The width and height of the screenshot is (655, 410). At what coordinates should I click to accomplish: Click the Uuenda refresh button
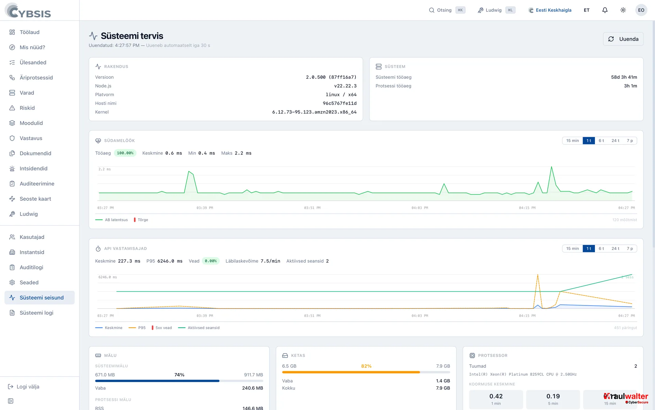[x=623, y=39]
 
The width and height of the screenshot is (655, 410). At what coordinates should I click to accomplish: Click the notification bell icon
[x=605, y=10]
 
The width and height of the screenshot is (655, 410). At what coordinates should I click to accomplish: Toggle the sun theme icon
[x=623, y=10]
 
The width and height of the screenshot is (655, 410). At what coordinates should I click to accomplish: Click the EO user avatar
[x=641, y=10]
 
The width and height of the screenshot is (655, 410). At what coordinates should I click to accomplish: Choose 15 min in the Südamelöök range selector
[x=572, y=140]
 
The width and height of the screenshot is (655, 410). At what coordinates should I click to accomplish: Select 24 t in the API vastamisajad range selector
[x=615, y=248]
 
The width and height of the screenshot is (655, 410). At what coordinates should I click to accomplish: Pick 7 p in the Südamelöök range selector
[x=630, y=140]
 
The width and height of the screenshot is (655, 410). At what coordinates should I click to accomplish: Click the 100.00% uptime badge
[x=125, y=153]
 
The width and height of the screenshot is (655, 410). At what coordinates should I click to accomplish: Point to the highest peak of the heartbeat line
[x=551, y=167]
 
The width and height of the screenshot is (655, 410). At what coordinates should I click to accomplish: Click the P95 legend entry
[x=137, y=328]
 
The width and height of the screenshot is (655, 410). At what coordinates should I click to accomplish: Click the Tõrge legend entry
[x=141, y=220]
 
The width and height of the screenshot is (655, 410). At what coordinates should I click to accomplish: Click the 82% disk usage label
[x=366, y=366]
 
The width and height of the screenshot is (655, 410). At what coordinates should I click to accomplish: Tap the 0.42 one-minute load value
[x=496, y=396]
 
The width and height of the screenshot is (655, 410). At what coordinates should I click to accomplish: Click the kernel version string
[x=314, y=112]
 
